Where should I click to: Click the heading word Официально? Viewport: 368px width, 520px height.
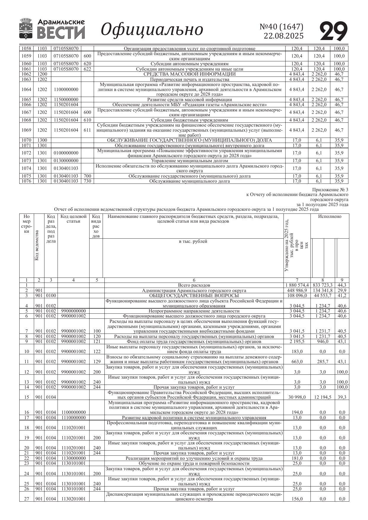pyautogui.click(x=152, y=30)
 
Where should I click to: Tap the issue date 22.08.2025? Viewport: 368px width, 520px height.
pyautogui.click(x=284, y=36)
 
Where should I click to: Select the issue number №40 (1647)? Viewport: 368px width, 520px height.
pyautogui.click(x=281, y=27)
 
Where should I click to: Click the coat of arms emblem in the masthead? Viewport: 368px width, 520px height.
pyautogui.click(x=26, y=29)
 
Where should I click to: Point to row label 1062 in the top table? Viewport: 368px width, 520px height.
pyautogui.click(x=26, y=74)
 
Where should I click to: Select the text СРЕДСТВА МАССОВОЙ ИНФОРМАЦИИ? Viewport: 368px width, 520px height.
pyautogui.click(x=189, y=74)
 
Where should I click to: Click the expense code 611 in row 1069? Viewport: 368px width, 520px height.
pyautogui.click(x=87, y=130)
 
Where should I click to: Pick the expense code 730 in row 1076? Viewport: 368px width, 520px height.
pyautogui.click(x=87, y=181)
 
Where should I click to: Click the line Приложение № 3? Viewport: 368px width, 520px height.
pyautogui.click(x=330, y=190)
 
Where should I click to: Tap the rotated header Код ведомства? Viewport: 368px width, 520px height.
pyautogui.click(x=37, y=245)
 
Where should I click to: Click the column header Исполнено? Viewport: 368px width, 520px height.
pyautogui.click(x=329, y=217)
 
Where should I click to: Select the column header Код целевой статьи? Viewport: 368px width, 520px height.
pyautogui.click(x=73, y=219)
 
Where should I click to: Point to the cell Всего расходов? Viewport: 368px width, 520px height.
pyautogui.click(x=194, y=285)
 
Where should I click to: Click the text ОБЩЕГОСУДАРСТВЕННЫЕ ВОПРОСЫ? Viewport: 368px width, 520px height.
pyautogui.click(x=194, y=296)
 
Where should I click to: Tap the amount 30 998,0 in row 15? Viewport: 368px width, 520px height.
pyautogui.click(x=297, y=397)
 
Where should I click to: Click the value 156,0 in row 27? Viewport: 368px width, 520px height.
pyautogui.click(x=297, y=499)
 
